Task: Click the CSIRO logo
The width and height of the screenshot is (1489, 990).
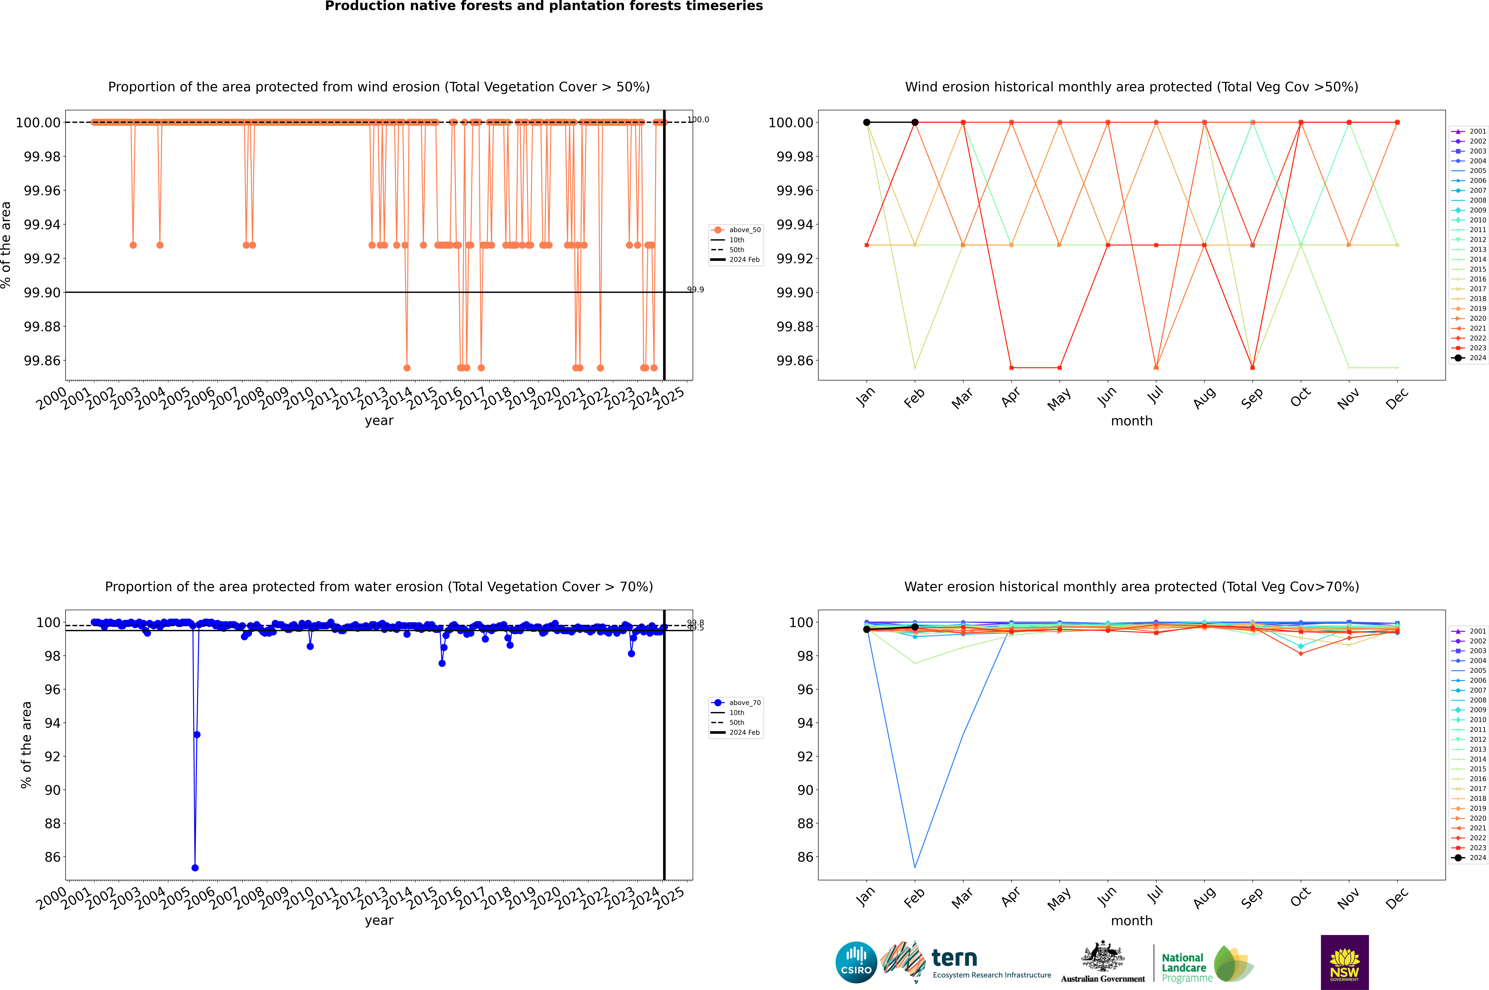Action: pyautogui.click(x=856, y=962)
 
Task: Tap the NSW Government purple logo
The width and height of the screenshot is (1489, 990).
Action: pyautogui.click(x=1344, y=962)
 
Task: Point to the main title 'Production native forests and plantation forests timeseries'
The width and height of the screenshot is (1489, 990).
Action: pyautogui.click(x=544, y=6)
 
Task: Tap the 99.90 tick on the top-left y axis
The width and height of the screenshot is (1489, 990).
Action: pyautogui.click(x=42, y=292)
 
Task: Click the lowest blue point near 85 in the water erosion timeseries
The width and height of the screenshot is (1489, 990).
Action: pyautogui.click(x=195, y=867)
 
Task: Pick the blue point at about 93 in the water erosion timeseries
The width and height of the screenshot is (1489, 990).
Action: pyautogui.click(x=197, y=734)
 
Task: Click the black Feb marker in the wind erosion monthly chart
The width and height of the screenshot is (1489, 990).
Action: pyautogui.click(x=915, y=123)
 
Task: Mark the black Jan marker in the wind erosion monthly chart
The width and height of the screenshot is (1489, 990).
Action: pyautogui.click(x=867, y=123)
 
